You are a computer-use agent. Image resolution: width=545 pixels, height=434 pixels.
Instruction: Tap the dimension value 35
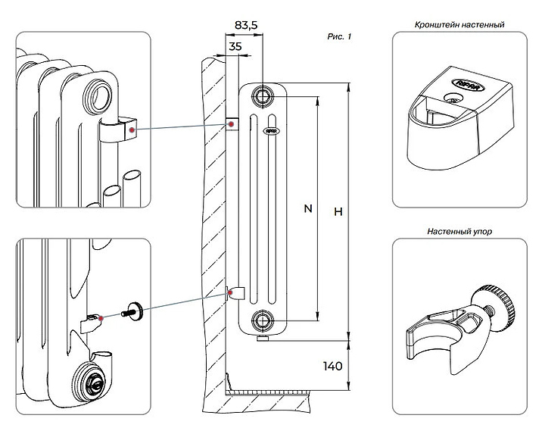coord(235,46)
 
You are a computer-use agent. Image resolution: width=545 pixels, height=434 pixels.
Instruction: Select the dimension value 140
coord(332,366)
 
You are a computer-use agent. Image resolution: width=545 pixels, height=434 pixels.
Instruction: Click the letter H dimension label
coord(338,213)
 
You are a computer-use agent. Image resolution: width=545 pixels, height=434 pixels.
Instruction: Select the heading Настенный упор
coord(459,231)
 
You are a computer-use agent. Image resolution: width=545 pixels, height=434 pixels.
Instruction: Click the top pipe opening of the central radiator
coord(263,95)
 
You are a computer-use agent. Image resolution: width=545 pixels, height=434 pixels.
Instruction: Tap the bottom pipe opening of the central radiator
coord(263,320)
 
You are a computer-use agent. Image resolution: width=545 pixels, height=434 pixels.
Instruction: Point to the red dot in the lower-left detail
coord(102,317)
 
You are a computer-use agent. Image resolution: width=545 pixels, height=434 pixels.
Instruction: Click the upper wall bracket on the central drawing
coord(232,123)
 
